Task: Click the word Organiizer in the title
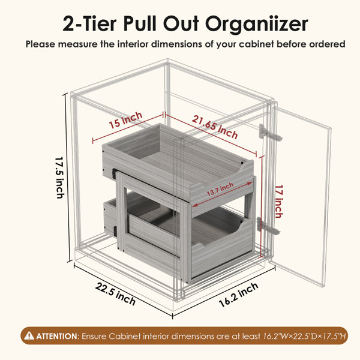point(256,25)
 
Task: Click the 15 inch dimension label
point(125,121)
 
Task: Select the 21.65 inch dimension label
point(215,127)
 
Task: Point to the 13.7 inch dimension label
point(220,189)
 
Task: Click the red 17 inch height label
point(278,202)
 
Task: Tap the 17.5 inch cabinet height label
point(60,178)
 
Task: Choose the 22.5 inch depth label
point(115,294)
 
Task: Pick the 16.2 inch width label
point(239,295)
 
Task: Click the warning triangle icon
point(29,335)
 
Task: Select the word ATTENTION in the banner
point(56,337)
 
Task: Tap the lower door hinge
point(268,226)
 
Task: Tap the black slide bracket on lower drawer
point(115,232)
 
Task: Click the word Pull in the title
point(140,23)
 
